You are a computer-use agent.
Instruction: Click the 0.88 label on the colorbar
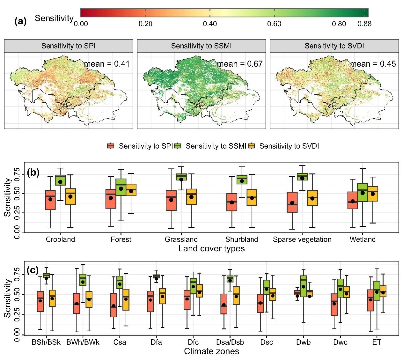(364, 24)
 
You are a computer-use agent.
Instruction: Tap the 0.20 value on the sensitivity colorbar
(145, 24)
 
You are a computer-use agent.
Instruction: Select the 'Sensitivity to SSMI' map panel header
(201, 46)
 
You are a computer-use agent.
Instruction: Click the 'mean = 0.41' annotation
(107, 64)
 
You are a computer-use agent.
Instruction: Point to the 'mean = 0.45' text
(373, 64)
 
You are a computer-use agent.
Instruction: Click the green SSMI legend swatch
(178, 146)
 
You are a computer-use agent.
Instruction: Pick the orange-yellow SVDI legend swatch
(252, 146)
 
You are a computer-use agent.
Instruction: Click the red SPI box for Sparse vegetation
(292, 202)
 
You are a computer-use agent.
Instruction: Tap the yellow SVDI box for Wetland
(373, 194)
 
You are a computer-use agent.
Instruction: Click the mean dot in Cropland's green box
(60, 182)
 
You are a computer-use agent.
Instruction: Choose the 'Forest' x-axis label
(121, 239)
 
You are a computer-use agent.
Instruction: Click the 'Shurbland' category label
(242, 239)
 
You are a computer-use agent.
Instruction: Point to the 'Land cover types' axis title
(211, 248)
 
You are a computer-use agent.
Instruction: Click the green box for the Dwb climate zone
(303, 286)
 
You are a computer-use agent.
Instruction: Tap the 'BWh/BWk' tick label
(83, 342)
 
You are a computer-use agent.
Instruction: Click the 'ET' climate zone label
(377, 342)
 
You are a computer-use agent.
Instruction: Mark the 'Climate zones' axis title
(211, 351)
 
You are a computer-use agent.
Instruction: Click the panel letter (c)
(32, 270)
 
